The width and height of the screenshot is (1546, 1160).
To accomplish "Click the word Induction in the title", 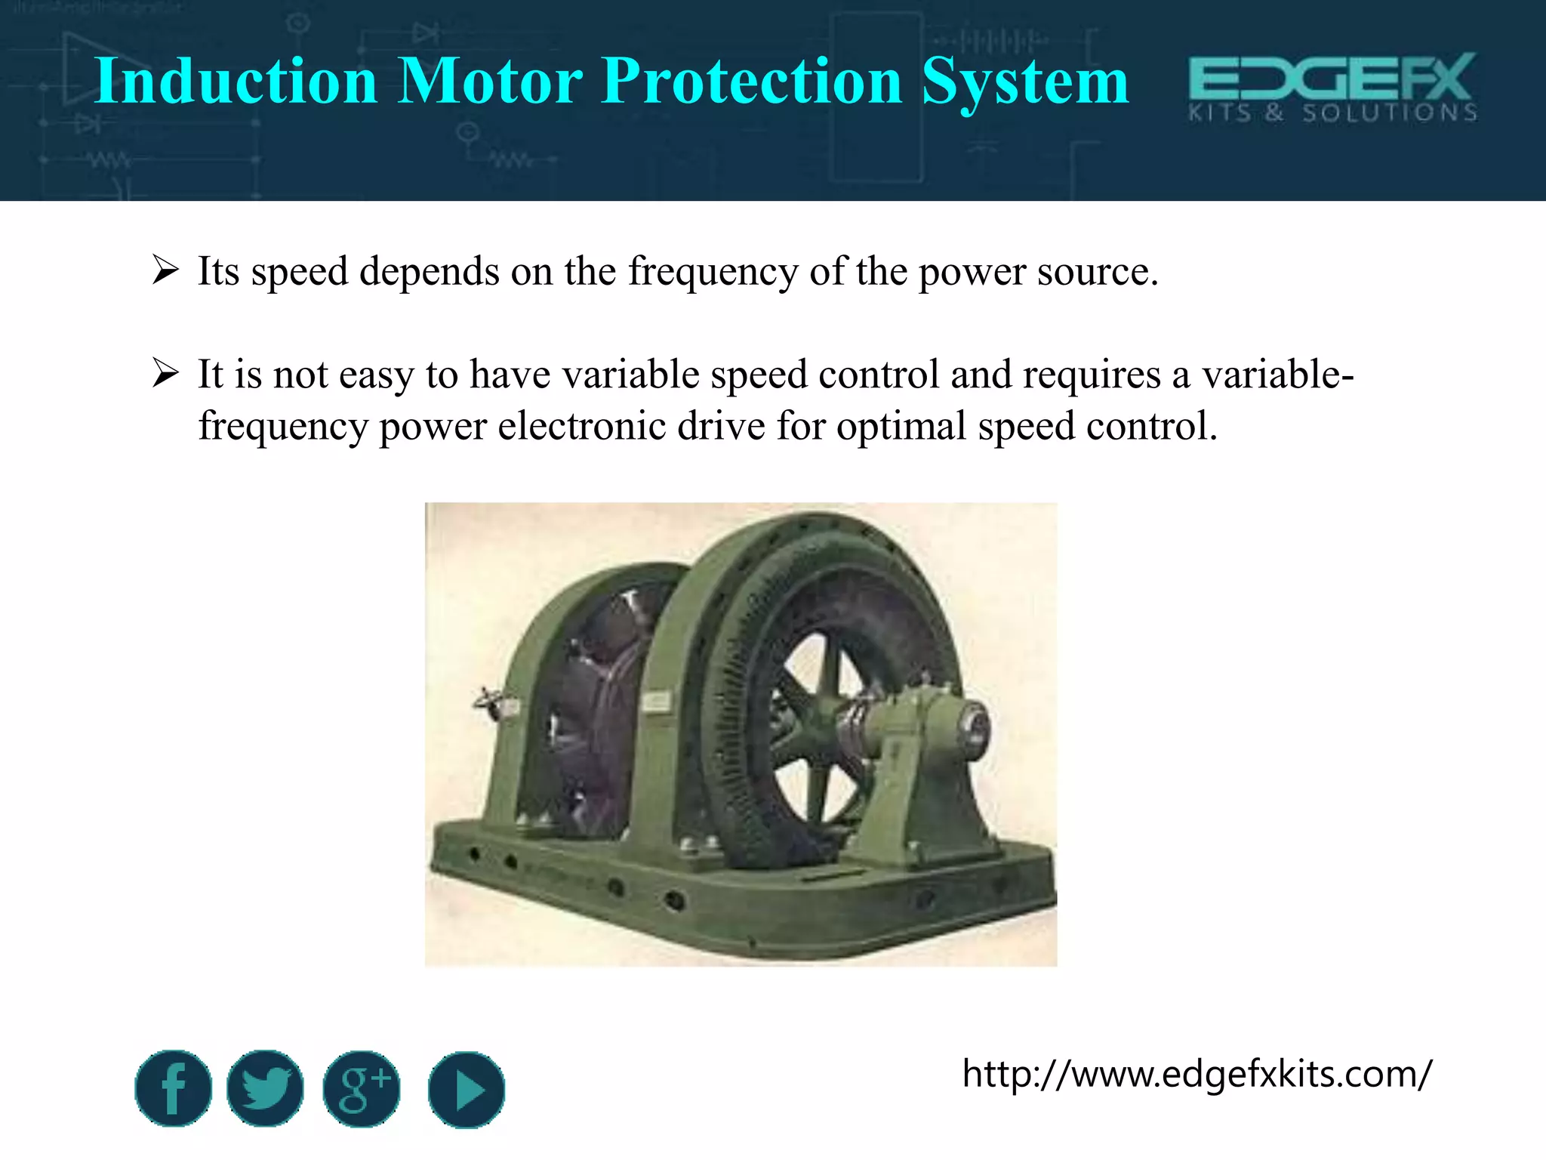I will point(236,81).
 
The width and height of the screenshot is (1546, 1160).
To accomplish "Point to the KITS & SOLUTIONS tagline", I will point(1332,113).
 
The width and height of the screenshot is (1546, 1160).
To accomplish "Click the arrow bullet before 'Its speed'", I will point(165,270).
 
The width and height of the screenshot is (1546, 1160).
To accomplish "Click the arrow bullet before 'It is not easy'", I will point(165,373).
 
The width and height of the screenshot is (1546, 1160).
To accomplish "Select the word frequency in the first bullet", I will point(713,272).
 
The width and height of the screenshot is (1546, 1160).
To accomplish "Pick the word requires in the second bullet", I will point(1091,375).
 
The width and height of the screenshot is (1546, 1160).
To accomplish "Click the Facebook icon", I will point(174,1088).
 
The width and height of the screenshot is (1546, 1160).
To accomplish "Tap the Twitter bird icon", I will point(265,1088).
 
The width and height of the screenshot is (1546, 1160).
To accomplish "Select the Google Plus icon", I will point(362,1088).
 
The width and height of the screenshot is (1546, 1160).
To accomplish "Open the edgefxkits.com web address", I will point(1196,1073).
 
